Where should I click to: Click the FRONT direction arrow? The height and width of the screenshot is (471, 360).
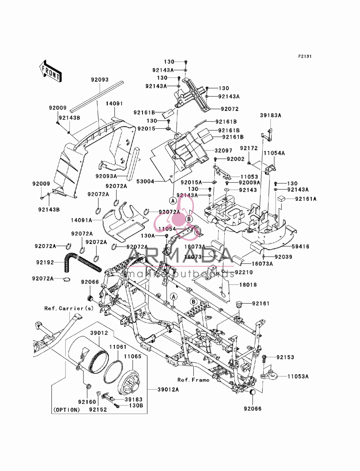[x=50, y=71]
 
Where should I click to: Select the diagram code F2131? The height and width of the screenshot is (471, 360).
[x=305, y=56]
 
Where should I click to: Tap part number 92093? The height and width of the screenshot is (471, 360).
[x=100, y=80]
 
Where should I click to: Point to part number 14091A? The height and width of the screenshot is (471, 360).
[x=81, y=220]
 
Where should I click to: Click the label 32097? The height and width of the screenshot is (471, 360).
[x=224, y=151]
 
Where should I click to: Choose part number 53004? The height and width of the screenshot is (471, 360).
[x=145, y=182]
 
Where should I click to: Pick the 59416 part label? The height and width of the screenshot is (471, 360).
[x=300, y=246]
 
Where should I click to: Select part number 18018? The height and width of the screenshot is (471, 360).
[x=248, y=285]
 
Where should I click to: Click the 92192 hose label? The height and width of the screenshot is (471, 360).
[x=45, y=262]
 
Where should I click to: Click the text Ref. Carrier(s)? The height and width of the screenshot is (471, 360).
[x=69, y=308]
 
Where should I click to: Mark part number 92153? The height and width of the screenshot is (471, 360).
[x=285, y=357]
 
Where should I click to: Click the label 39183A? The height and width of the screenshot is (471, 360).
[x=270, y=115]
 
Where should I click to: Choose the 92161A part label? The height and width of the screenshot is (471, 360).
[x=306, y=199]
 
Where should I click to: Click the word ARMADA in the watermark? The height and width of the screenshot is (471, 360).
[x=180, y=255]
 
